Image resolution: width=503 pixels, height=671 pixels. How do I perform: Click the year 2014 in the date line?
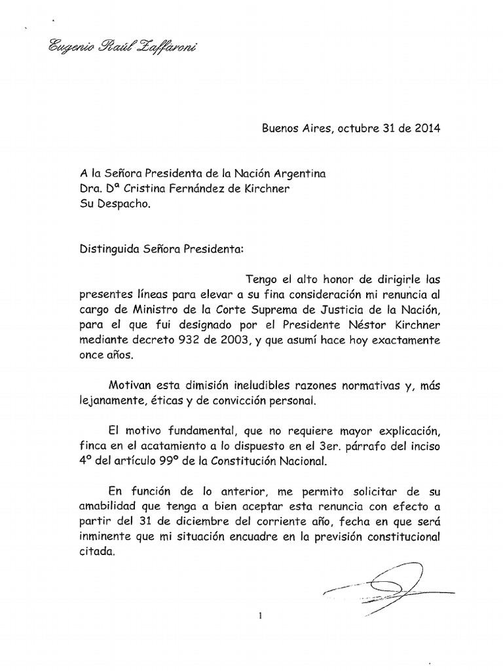click(427, 128)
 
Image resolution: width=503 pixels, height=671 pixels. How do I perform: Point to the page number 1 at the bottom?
click(260, 615)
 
